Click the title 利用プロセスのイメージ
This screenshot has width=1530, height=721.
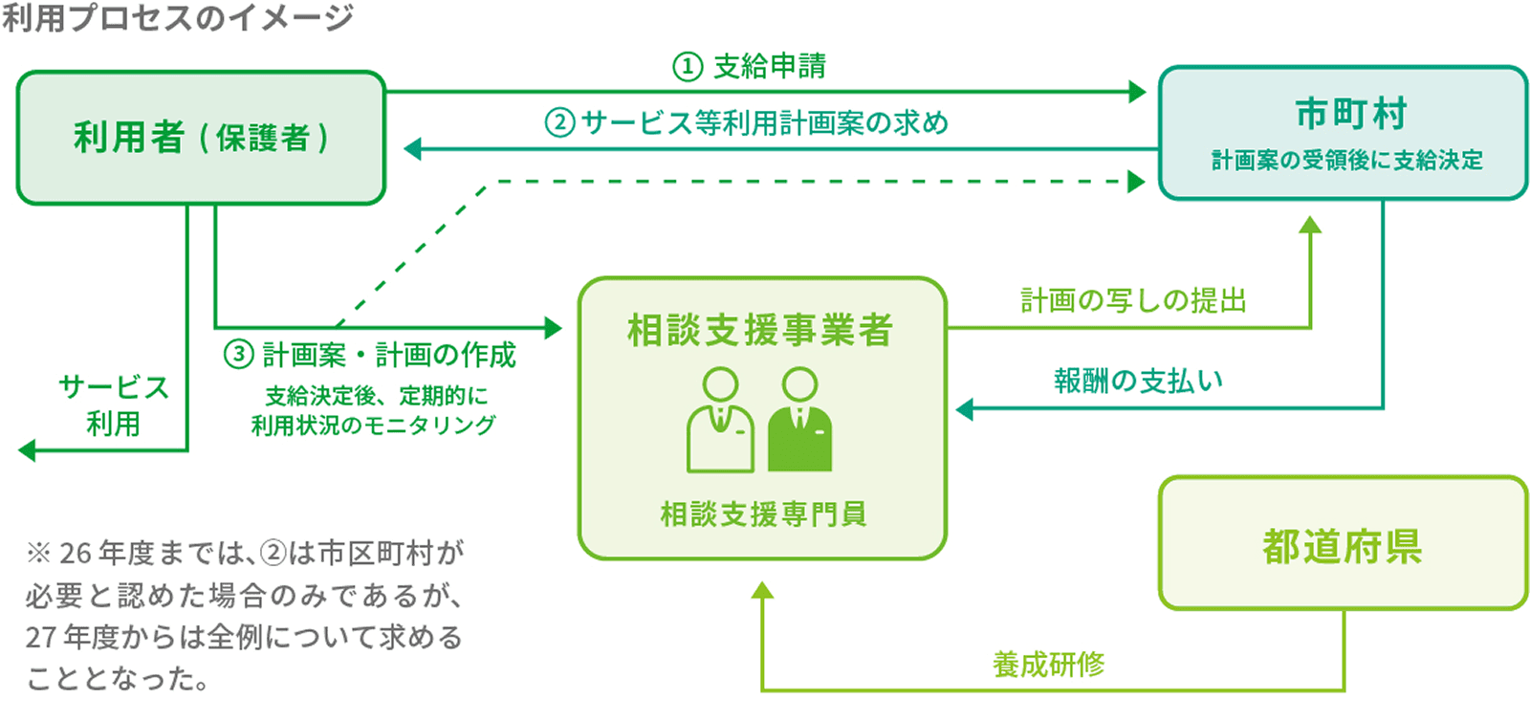(178, 17)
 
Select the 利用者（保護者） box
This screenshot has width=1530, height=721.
(201, 138)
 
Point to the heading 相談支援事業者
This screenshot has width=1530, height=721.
(760, 331)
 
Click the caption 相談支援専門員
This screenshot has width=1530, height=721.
(763, 514)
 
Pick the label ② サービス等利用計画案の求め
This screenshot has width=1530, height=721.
(747, 123)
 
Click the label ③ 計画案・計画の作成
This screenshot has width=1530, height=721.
(370, 355)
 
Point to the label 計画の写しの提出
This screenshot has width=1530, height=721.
(1133, 301)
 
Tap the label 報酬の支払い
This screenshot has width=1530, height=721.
(1138, 381)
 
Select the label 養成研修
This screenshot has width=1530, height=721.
(1048, 664)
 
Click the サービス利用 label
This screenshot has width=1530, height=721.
(113, 404)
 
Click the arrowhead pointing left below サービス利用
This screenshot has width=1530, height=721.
(28, 450)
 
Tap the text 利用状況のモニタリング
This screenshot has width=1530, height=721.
(373, 426)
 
